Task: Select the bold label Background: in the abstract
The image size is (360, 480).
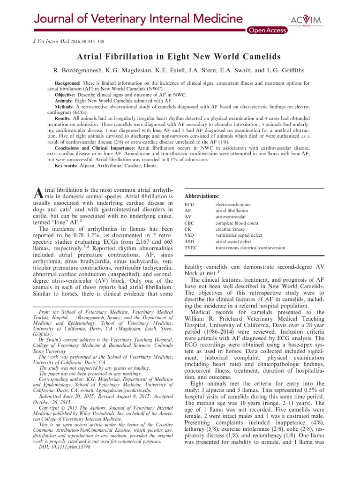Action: (61, 83)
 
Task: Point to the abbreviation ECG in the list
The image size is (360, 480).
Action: (190, 205)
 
